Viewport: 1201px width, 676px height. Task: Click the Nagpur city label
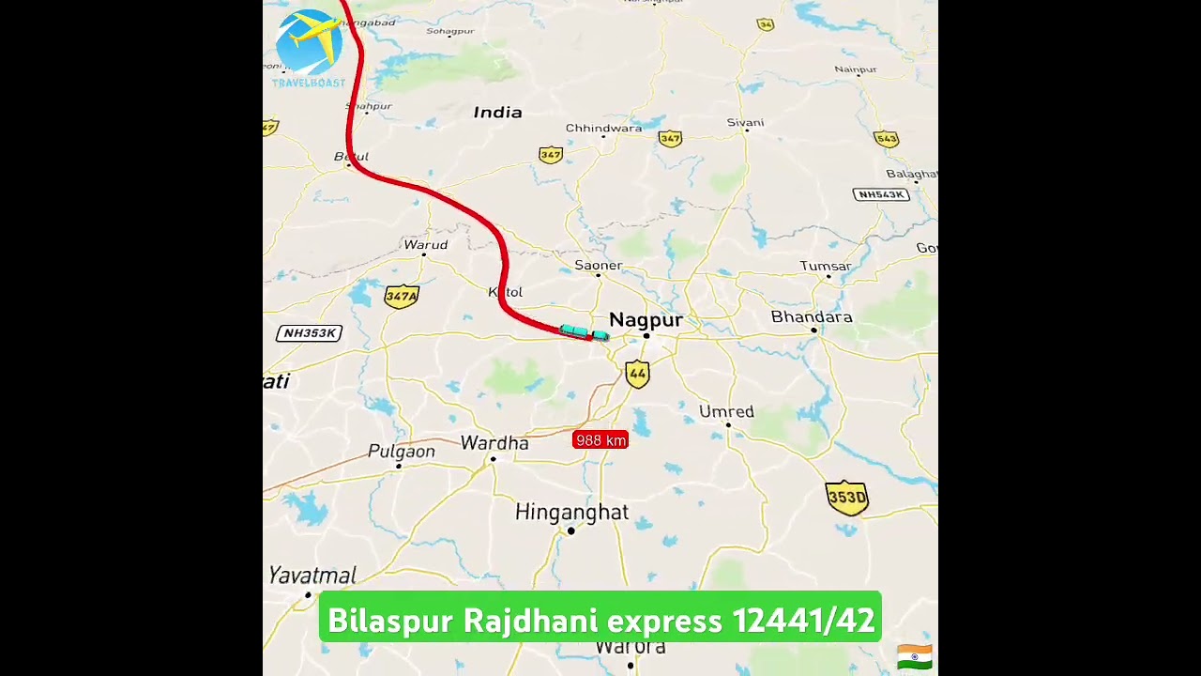point(646,320)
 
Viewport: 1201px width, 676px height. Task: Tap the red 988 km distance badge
point(600,439)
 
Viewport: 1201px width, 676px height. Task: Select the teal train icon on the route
point(584,332)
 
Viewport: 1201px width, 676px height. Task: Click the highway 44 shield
point(637,374)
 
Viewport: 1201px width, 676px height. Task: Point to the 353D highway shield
point(846,498)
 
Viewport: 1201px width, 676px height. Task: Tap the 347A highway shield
point(402,297)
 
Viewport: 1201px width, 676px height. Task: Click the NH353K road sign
point(310,333)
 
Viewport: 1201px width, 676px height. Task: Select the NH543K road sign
point(881,194)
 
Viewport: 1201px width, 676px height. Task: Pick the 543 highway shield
point(886,139)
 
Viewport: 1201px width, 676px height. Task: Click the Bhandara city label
point(812,317)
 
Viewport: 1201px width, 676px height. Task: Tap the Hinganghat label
point(571,513)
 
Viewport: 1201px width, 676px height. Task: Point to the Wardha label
point(494,443)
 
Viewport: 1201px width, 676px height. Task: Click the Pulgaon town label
point(402,452)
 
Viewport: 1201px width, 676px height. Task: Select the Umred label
point(726,412)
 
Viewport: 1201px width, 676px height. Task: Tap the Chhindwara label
point(603,129)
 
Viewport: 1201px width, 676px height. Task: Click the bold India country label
point(497,113)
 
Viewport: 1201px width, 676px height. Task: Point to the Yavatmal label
point(312,576)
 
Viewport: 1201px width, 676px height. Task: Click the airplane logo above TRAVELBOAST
point(311,41)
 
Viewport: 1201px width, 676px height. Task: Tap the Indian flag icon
point(914,656)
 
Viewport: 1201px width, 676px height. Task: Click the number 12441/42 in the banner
point(803,621)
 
